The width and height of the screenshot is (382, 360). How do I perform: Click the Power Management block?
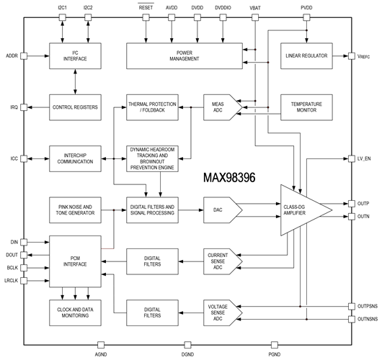(x=185, y=56)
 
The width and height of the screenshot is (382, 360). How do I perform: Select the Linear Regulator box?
(x=306, y=56)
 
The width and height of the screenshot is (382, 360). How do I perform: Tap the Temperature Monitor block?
(x=306, y=107)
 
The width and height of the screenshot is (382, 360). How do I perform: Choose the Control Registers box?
(x=75, y=107)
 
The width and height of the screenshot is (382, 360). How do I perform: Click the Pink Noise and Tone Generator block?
(x=75, y=210)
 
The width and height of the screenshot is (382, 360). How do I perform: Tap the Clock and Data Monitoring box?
(x=75, y=312)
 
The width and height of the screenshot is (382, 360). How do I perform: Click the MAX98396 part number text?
(x=229, y=177)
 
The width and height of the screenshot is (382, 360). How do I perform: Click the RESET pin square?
(x=146, y=17)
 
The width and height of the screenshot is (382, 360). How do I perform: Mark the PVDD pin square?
(x=306, y=17)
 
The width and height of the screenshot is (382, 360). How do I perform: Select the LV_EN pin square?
(x=351, y=158)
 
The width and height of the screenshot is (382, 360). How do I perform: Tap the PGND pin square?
(x=275, y=345)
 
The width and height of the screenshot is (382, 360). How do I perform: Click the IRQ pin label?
(x=14, y=107)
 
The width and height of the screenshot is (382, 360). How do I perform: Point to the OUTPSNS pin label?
(x=368, y=306)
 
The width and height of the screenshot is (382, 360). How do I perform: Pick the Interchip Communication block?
(x=75, y=158)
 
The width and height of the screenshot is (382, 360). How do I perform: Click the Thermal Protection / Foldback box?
(x=152, y=107)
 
